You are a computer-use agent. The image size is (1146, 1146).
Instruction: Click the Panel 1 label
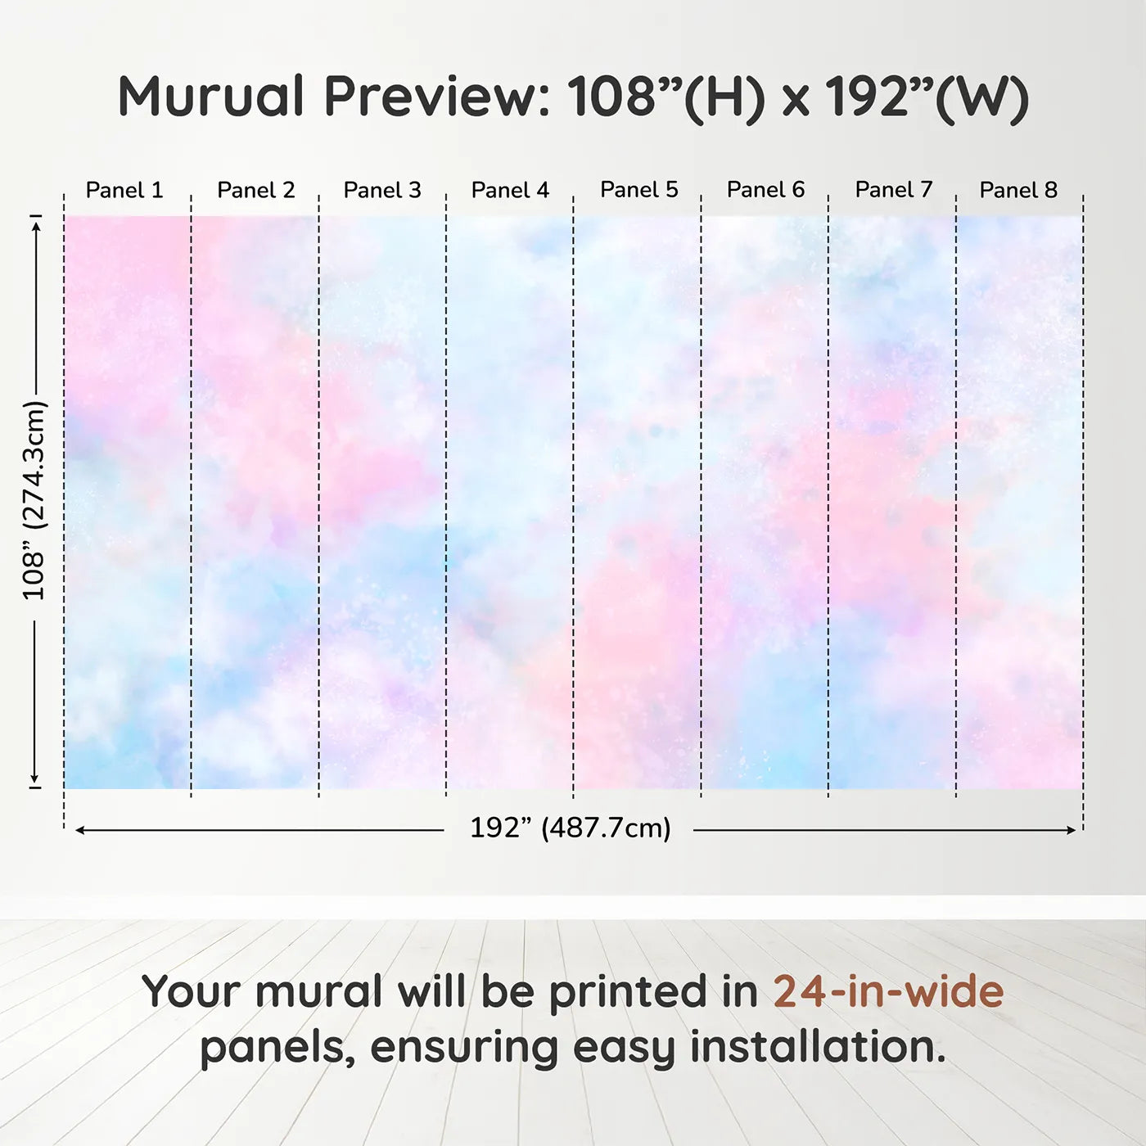point(124,190)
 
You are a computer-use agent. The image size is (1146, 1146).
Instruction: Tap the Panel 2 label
point(255,190)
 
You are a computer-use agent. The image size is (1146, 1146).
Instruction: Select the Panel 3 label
point(382,190)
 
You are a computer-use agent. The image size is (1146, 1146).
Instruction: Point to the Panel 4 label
point(510,190)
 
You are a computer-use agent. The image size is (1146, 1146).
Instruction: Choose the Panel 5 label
point(639,190)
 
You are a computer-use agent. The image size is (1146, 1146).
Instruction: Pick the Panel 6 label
point(766,190)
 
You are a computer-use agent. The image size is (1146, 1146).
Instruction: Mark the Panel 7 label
point(894,190)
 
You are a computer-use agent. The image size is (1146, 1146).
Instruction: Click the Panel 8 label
point(1019,190)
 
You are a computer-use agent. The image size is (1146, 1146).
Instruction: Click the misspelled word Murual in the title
point(212,97)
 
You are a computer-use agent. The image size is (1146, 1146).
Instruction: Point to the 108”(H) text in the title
point(666,99)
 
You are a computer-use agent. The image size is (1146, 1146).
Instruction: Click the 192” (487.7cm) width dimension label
point(571,828)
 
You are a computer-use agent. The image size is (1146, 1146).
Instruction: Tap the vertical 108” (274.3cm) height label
point(34,500)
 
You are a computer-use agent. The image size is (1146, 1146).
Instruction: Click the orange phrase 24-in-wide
point(888,990)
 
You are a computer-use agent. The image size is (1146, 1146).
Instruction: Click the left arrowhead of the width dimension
point(79,830)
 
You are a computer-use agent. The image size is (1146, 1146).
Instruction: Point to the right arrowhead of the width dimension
point(1072,830)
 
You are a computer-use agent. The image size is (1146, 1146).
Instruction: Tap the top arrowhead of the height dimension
point(36,226)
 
